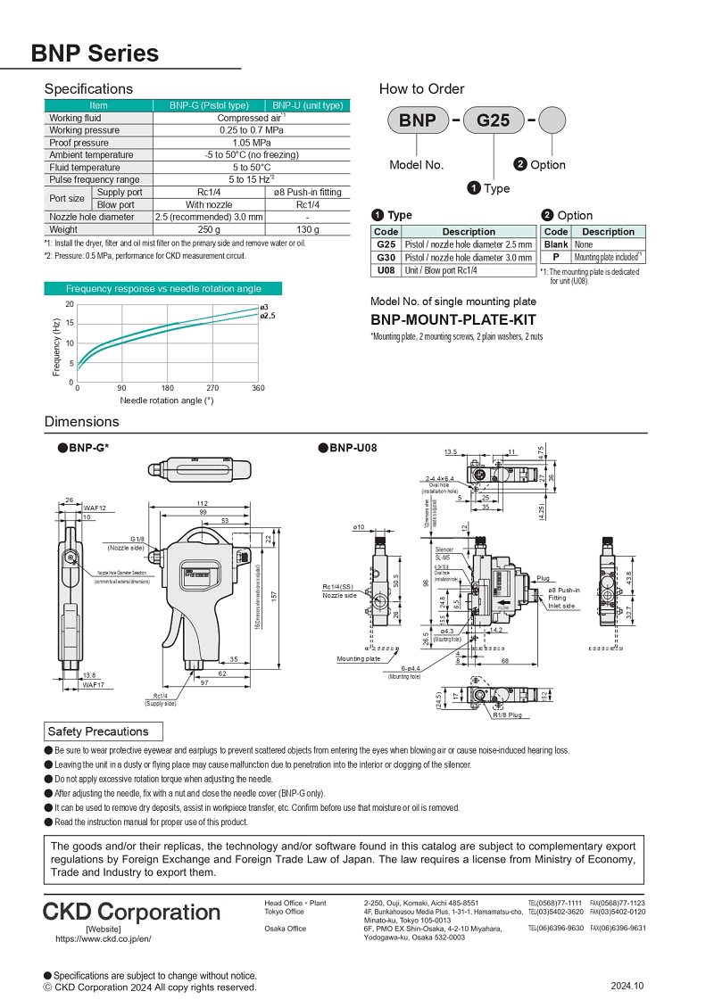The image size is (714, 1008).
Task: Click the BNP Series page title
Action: [95, 54]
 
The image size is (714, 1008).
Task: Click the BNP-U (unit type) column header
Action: [307, 105]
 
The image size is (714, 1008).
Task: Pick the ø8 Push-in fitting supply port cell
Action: [307, 192]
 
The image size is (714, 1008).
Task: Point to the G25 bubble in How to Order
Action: [494, 120]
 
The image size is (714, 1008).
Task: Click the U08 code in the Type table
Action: [386, 270]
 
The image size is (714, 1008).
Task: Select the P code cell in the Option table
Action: [556, 257]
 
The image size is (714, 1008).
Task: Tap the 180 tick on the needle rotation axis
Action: [168, 389]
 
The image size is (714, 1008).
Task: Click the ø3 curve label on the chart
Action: [264, 308]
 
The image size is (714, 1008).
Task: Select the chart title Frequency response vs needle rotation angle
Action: [163, 288]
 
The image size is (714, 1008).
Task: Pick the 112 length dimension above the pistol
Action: [202, 504]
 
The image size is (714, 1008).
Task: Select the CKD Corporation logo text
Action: [131, 912]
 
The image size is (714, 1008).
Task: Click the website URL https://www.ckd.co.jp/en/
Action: [103, 938]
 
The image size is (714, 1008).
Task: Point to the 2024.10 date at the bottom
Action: [627, 986]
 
